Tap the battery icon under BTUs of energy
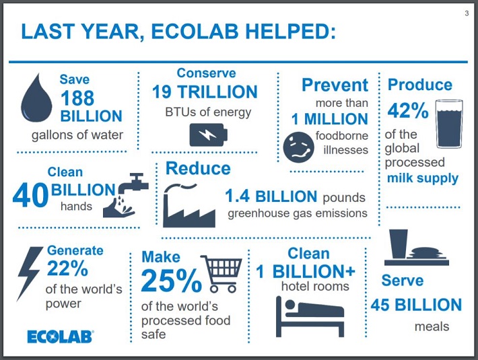(x=209, y=135)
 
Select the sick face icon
(x=298, y=147)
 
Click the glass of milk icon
(x=449, y=124)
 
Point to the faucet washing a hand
(x=126, y=195)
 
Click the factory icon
(x=189, y=206)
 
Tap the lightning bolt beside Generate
(x=29, y=273)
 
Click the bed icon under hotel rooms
(x=310, y=317)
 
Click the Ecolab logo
(x=61, y=336)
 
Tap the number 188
(x=77, y=98)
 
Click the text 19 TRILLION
(x=205, y=92)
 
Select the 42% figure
(x=408, y=110)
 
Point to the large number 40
(x=30, y=195)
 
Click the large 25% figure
(x=171, y=281)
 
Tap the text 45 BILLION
(x=417, y=305)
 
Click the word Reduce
(x=198, y=168)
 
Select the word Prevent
(x=335, y=85)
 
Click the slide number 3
(x=467, y=13)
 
